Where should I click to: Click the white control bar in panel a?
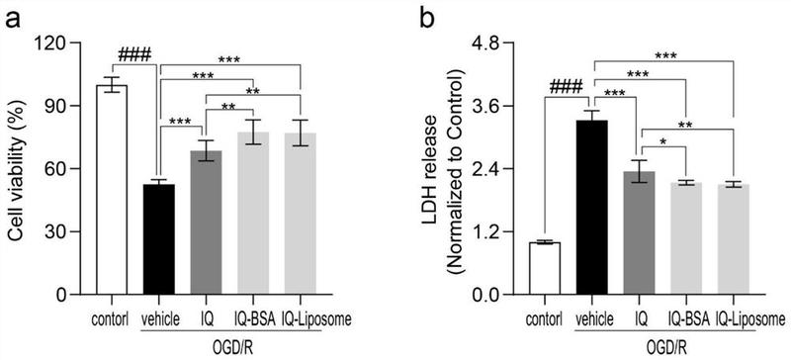coord(112,189)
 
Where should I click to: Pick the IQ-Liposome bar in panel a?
coord(301,214)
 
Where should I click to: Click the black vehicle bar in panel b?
coord(591,208)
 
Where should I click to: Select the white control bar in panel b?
coord(545,269)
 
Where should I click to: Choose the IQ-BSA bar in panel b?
coord(686,238)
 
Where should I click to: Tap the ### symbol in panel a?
coord(134,54)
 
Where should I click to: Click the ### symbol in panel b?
coord(566,86)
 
